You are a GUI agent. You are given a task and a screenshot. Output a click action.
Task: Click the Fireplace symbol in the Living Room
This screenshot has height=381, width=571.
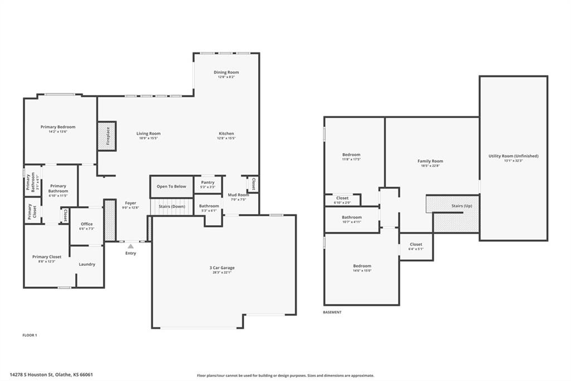pos(107,136)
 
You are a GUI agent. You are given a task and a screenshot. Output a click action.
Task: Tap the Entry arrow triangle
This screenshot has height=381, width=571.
pos(130,246)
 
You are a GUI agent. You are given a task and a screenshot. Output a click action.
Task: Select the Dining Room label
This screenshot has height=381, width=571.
pos(226,72)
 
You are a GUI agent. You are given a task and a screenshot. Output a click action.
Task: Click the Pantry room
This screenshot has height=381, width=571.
pos(207,184)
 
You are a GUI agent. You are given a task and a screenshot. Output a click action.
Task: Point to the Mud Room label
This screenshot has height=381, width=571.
pos(238,195)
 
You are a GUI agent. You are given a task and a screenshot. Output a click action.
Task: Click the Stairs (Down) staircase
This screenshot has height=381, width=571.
pos(171,207)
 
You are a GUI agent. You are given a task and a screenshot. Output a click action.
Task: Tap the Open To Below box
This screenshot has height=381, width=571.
pos(171,187)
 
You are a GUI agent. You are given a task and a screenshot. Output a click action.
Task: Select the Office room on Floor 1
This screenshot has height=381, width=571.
pos(86,226)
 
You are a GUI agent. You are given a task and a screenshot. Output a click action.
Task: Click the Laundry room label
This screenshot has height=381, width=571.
pos(86,264)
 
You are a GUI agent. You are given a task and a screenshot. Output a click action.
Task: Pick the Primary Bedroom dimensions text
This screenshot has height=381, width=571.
pos(57,132)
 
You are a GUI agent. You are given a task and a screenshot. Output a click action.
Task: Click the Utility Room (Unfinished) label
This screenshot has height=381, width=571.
pos(513,156)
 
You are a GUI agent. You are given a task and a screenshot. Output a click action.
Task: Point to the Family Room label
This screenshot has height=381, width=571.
pos(430,161)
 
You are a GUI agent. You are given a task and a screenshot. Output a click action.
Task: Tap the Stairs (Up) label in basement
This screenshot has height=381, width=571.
pos(462,206)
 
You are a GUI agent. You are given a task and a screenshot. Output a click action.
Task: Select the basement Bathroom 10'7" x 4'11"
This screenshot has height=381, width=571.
pos(351,219)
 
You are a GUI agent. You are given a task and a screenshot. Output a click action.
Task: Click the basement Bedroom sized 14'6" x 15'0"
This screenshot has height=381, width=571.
pos(361,268)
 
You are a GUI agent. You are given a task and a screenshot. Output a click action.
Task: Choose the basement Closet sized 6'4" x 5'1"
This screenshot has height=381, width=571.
pos(416,246)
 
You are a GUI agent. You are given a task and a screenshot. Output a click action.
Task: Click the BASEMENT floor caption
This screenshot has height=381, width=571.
pos(332,312)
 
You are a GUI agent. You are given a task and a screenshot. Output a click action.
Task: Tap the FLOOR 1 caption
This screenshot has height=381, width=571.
pos(30,335)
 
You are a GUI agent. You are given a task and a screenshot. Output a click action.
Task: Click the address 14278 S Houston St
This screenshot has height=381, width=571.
pos(51,375)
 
